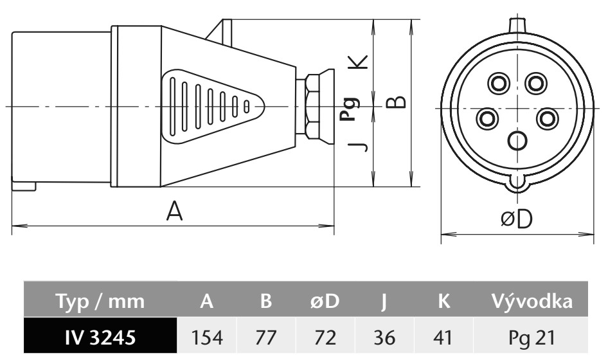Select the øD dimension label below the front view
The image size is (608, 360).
tap(517, 219)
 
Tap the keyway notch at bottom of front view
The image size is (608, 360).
tap(517, 184)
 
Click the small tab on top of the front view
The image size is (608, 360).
tap(517, 24)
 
